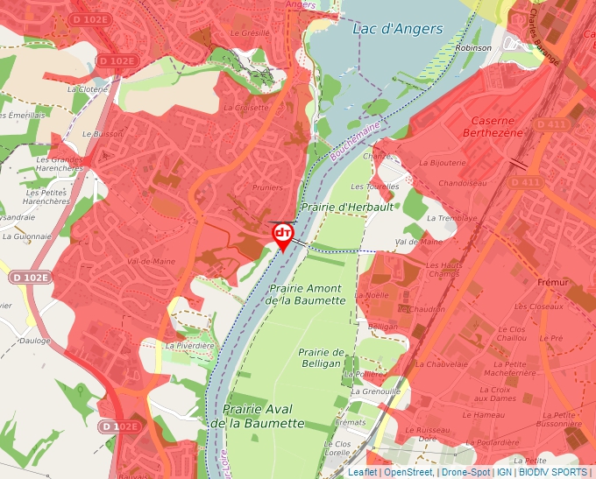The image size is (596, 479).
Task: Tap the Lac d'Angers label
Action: [397, 29]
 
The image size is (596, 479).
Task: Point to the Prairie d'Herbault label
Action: [337, 207]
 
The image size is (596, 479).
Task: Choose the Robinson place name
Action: [474, 48]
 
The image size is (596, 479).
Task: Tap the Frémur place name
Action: [553, 283]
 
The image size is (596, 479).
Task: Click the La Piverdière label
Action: [190, 346]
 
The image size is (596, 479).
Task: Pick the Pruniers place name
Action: [266, 187]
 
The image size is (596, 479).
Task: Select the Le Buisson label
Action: [103, 135]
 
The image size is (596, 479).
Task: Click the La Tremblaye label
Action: [451, 217]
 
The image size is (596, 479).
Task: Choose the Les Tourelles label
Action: [381, 187]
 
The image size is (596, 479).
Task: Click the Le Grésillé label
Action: [250, 32]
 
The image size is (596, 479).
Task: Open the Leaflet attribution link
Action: [362, 472]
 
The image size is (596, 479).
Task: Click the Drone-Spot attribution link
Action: [465, 472]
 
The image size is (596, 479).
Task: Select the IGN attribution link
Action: [504, 472]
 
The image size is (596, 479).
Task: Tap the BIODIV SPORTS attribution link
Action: [552, 472]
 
